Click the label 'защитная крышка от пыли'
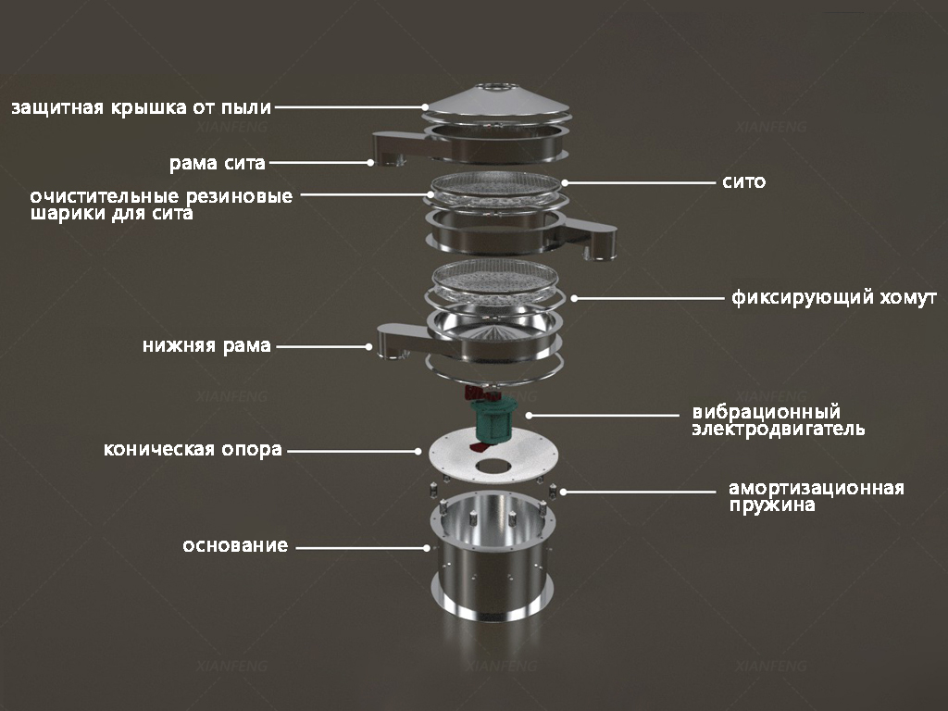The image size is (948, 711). pyautogui.click(x=142, y=108)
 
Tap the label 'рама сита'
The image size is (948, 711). pyautogui.click(x=217, y=163)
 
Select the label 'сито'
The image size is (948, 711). pyautogui.click(x=743, y=182)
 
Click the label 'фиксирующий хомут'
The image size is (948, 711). pyautogui.click(x=834, y=297)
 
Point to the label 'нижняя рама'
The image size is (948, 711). pyautogui.click(x=206, y=346)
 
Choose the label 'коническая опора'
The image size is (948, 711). pyautogui.click(x=193, y=450)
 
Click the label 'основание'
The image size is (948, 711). pyautogui.click(x=235, y=546)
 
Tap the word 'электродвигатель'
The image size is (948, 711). pyautogui.click(x=778, y=430)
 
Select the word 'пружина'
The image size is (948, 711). pyautogui.click(x=771, y=505)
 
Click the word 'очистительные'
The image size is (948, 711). pyautogui.click(x=105, y=196)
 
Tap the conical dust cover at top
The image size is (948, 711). pyautogui.click(x=496, y=101)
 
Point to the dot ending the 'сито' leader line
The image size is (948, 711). pyautogui.click(x=565, y=182)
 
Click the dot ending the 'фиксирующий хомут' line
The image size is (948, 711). pyautogui.click(x=574, y=298)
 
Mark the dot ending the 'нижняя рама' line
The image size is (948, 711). pyautogui.click(x=368, y=346)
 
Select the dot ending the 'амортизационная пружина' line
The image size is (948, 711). pyautogui.click(x=563, y=493)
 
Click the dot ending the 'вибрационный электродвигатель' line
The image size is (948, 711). pyautogui.click(x=529, y=416)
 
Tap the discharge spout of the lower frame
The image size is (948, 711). pyautogui.click(x=402, y=343)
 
